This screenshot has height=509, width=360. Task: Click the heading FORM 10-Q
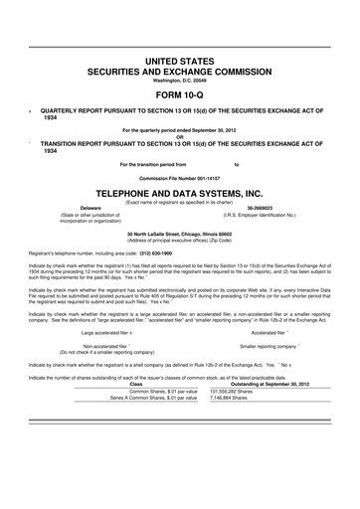tap(179, 95)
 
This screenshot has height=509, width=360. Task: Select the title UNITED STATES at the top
tap(179, 63)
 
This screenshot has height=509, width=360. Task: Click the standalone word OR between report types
tap(179, 136)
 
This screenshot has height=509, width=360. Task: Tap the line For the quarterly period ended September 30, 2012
tap(179, 129)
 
